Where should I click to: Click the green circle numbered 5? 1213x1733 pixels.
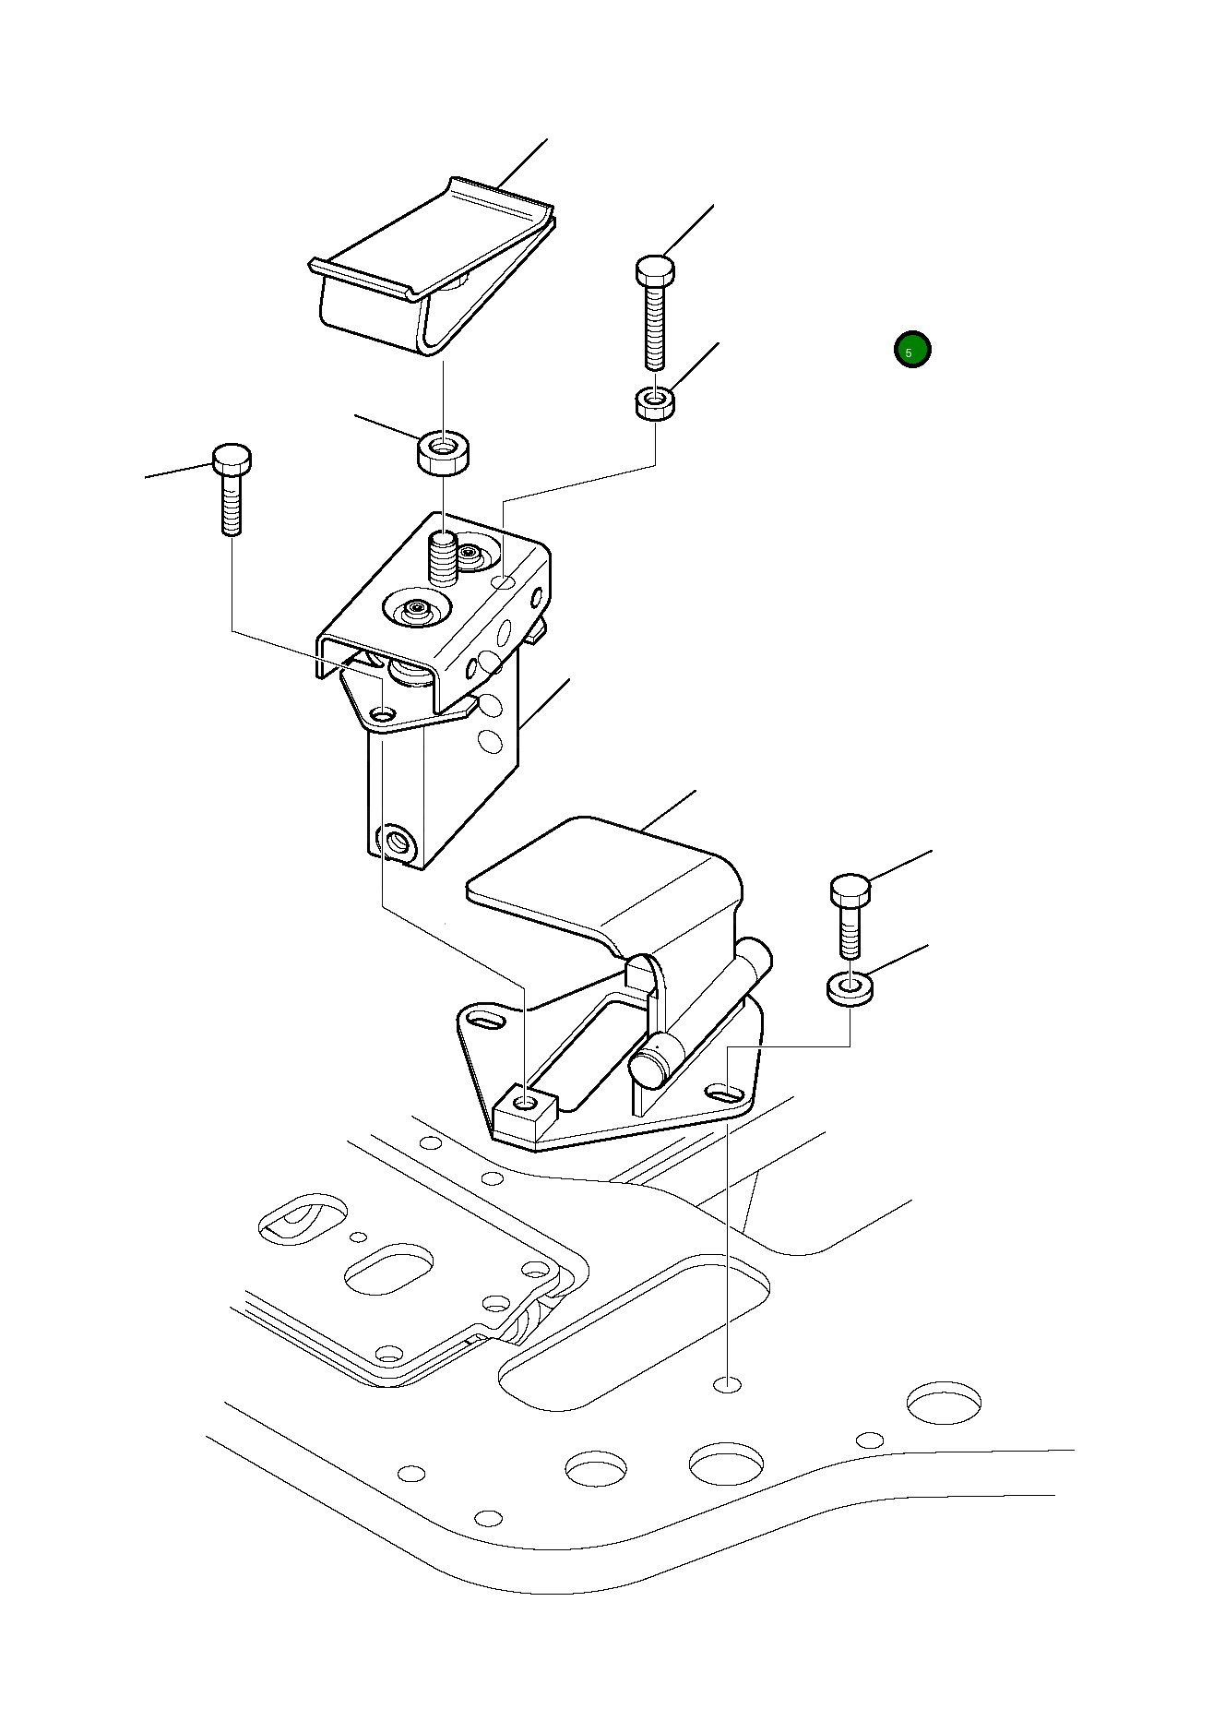coord(912,350)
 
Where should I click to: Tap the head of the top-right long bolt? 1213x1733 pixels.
coord(655,269)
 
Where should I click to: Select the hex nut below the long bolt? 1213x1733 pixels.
coord(655,403)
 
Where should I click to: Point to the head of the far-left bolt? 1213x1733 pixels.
coord(232,458)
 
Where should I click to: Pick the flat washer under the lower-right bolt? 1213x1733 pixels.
coord(850,988)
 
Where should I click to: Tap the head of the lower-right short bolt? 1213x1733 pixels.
coord(850,890)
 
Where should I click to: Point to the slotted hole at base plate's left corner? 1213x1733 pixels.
coord(485,1020)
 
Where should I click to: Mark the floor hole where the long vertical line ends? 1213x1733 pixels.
coord(728,1384)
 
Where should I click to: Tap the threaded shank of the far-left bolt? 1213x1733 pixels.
coord(232,504)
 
